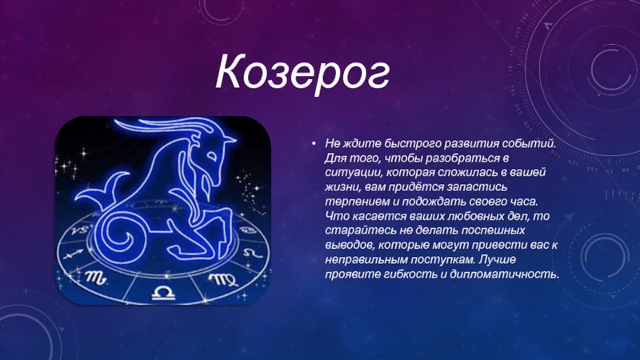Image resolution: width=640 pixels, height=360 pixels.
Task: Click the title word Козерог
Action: click(x=302, y=72)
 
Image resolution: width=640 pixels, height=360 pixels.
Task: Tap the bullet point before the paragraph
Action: click(x=314, y=143)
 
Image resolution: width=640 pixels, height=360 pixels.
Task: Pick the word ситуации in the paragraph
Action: click(x=354, y=173)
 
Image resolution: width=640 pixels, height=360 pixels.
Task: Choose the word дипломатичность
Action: click(x=504, y=274)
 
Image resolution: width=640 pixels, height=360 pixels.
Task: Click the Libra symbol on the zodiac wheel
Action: click(x=163, y=293)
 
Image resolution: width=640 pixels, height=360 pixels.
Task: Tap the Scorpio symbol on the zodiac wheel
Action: click(x=96, y=278)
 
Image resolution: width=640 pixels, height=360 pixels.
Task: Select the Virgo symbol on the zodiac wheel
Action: click(x=223, y=279)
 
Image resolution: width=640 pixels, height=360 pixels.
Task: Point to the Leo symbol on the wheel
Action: click(x=252, y=253)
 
